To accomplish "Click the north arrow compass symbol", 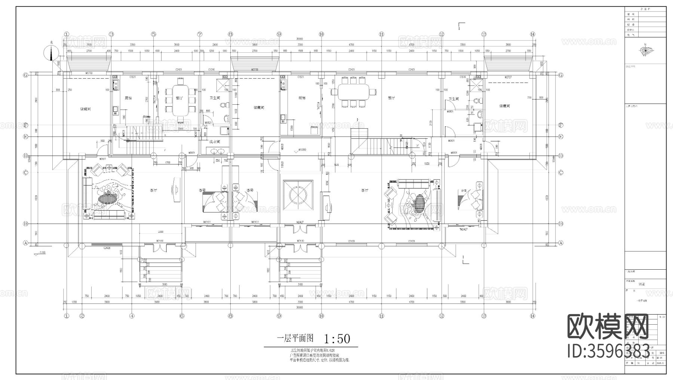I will pyautogui.click(x=51, y=53).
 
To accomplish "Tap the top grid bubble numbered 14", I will pyautogui.click(x=532, y=34).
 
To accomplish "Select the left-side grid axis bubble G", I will pyautogui.click(x=26, y=75).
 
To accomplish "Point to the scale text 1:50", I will pyautogui.click(x=337, y=339).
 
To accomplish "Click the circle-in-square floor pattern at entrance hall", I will pyautogui.click(x=298, y=195).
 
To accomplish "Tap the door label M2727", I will pyautogui.click(x=508, y=77).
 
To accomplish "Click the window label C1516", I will pyautogui.click(x=463, y=77).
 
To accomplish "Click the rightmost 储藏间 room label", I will pyautogui.click(x=505, y=106).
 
